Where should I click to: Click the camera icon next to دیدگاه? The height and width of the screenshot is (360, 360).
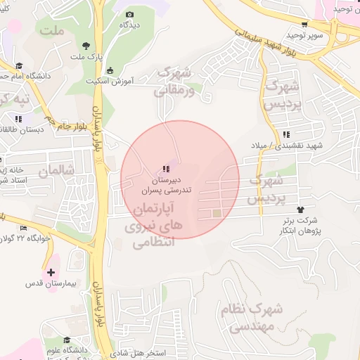129,14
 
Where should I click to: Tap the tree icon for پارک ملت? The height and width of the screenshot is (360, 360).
86,44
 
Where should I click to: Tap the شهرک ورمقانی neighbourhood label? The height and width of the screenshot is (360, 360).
174,81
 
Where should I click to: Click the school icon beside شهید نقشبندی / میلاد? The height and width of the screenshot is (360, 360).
286,134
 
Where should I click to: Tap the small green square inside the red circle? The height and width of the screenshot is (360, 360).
217,213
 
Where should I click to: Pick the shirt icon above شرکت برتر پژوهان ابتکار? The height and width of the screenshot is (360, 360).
302,209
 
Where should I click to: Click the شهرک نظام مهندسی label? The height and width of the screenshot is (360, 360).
255,317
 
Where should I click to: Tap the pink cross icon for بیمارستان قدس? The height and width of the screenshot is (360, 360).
50,271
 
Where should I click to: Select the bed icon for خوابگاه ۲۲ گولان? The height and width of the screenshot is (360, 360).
24,228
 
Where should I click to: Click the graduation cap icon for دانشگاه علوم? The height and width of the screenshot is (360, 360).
67,340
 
